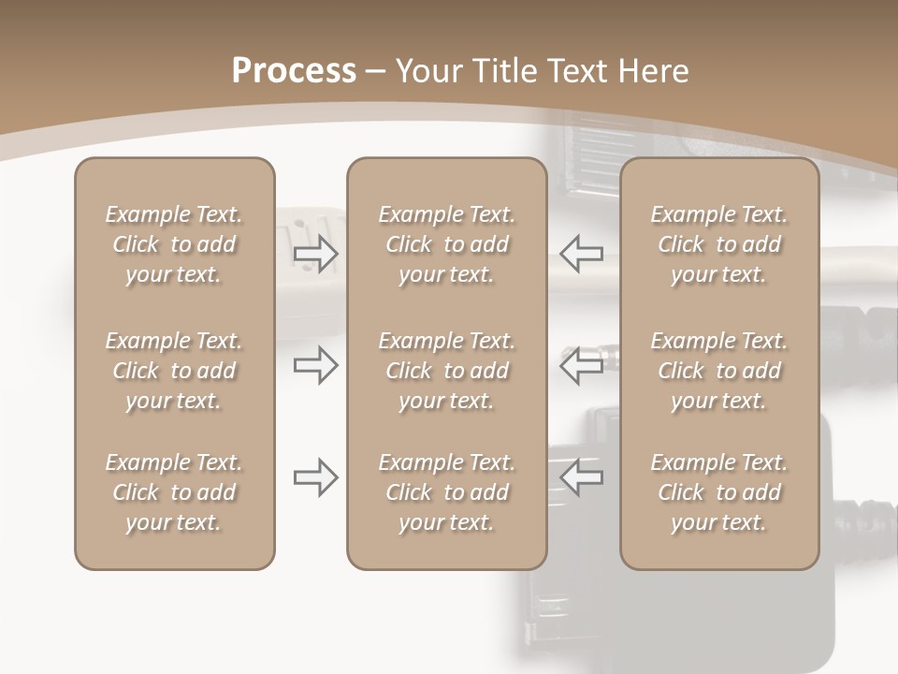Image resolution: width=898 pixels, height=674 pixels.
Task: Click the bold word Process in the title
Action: tap(294, 71)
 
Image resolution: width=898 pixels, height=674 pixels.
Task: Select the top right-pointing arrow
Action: tap(316, 254)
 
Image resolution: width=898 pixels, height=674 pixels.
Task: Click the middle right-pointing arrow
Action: tap(316, 365)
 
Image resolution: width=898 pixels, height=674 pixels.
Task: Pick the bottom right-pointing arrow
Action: tap(316, 477)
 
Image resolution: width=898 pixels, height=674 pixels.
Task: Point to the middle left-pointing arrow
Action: tap(581, 365)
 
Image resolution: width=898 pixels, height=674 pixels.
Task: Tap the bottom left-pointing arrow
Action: tap(581, 477)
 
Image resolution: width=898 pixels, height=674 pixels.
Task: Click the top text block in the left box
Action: tap(174, 244)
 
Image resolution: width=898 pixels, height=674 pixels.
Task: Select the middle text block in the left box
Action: tap(174, 371)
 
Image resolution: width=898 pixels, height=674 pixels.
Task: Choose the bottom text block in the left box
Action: tap(174, 492)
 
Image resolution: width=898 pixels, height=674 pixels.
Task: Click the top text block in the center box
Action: tap(447, 244)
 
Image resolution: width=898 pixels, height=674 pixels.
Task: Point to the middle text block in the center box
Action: tap(447, 371)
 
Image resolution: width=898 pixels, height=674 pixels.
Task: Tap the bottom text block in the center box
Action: tap(447, 492)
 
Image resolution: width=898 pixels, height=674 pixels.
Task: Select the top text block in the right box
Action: tap(719, 244)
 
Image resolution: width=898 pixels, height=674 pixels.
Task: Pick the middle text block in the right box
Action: tap(719, 371)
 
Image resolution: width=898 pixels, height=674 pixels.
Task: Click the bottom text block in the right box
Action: tap(719, 492)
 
